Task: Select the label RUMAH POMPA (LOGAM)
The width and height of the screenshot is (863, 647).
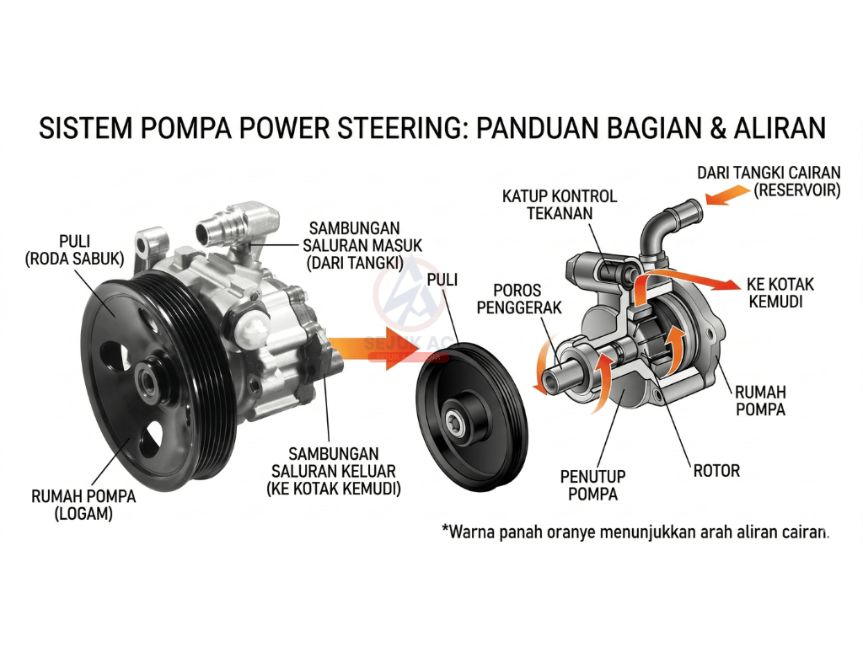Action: point(83,504)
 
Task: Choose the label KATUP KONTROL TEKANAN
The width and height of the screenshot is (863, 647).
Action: point(560,205)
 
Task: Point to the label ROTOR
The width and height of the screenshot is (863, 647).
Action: point(716,470)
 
